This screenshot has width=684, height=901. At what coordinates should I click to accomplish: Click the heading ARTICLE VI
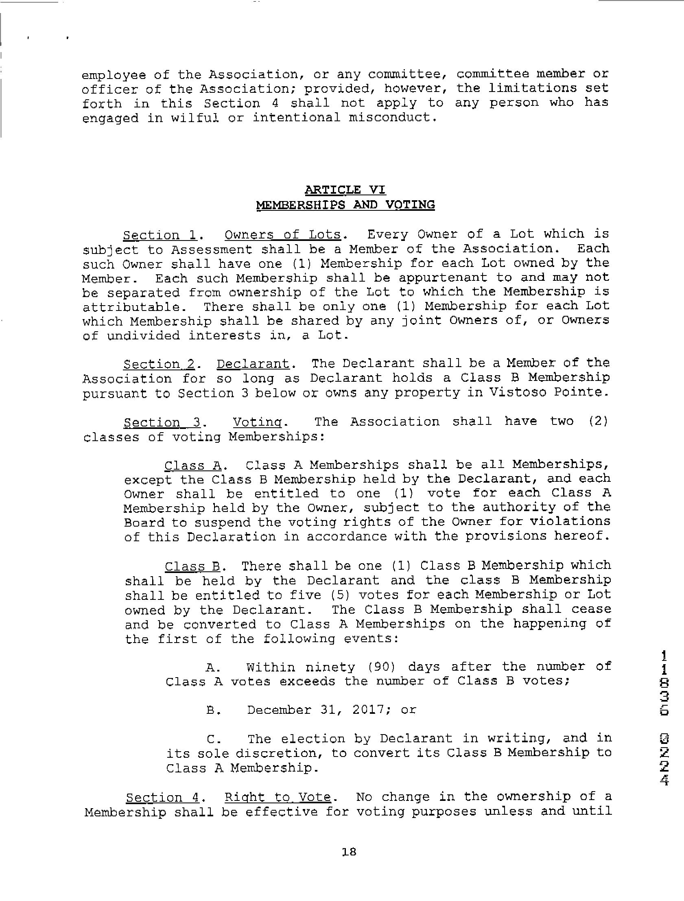point(345,190)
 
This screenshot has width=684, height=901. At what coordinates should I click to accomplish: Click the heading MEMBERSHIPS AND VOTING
point(345,204)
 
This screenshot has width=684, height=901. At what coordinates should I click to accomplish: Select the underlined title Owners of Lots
point(283,235)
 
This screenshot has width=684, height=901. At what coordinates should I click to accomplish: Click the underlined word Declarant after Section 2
point(253,364)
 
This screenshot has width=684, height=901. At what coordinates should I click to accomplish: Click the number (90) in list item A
point(381,667)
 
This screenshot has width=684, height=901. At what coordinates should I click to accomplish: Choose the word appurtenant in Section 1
point(443,278)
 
